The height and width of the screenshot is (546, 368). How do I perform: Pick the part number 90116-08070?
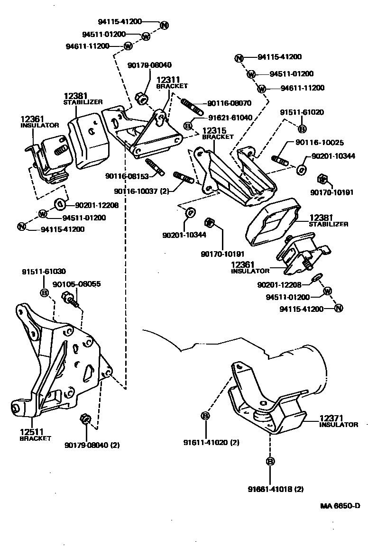[229, 103]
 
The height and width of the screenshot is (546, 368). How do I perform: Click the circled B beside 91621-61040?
[188, 126]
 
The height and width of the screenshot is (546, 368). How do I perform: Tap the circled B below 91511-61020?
[302, 128]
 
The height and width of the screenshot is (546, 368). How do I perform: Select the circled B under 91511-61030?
[44, 293]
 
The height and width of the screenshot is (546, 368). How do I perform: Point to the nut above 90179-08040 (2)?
[85, 419]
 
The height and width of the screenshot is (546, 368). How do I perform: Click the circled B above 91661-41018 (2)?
[270, 461]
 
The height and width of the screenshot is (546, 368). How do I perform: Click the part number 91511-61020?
[302, 112]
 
